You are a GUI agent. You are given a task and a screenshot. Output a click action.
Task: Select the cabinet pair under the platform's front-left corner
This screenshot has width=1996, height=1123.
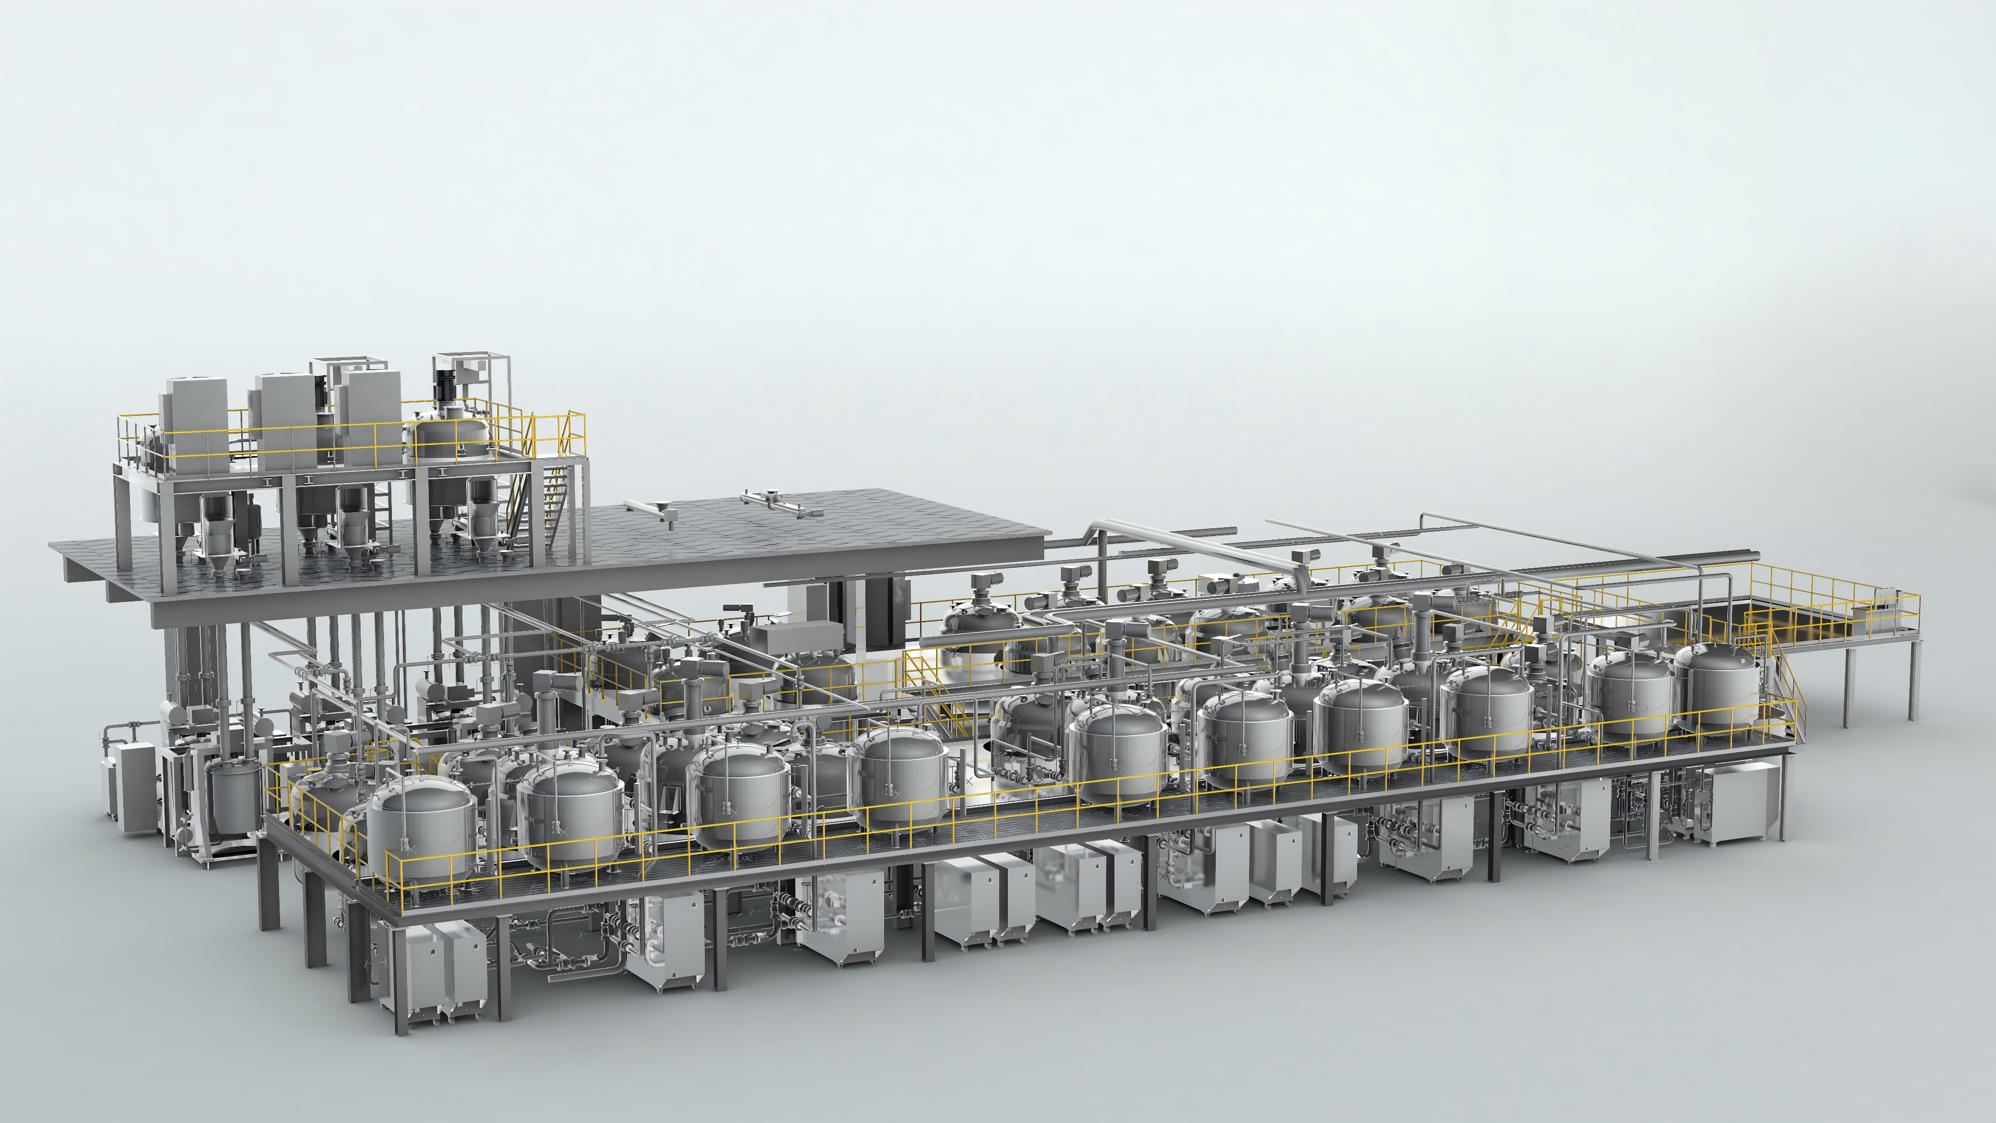(434, 973)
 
